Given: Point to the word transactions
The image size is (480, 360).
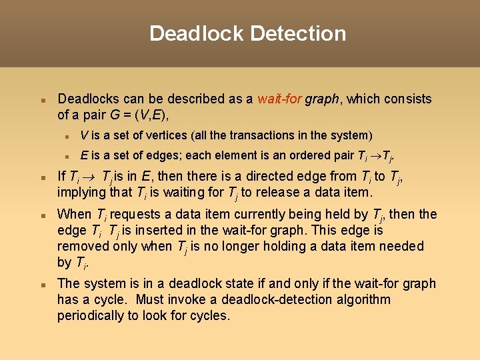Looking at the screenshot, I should click(x=260, y=135).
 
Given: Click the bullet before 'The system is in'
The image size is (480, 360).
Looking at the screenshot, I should click(x=41, y=285).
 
